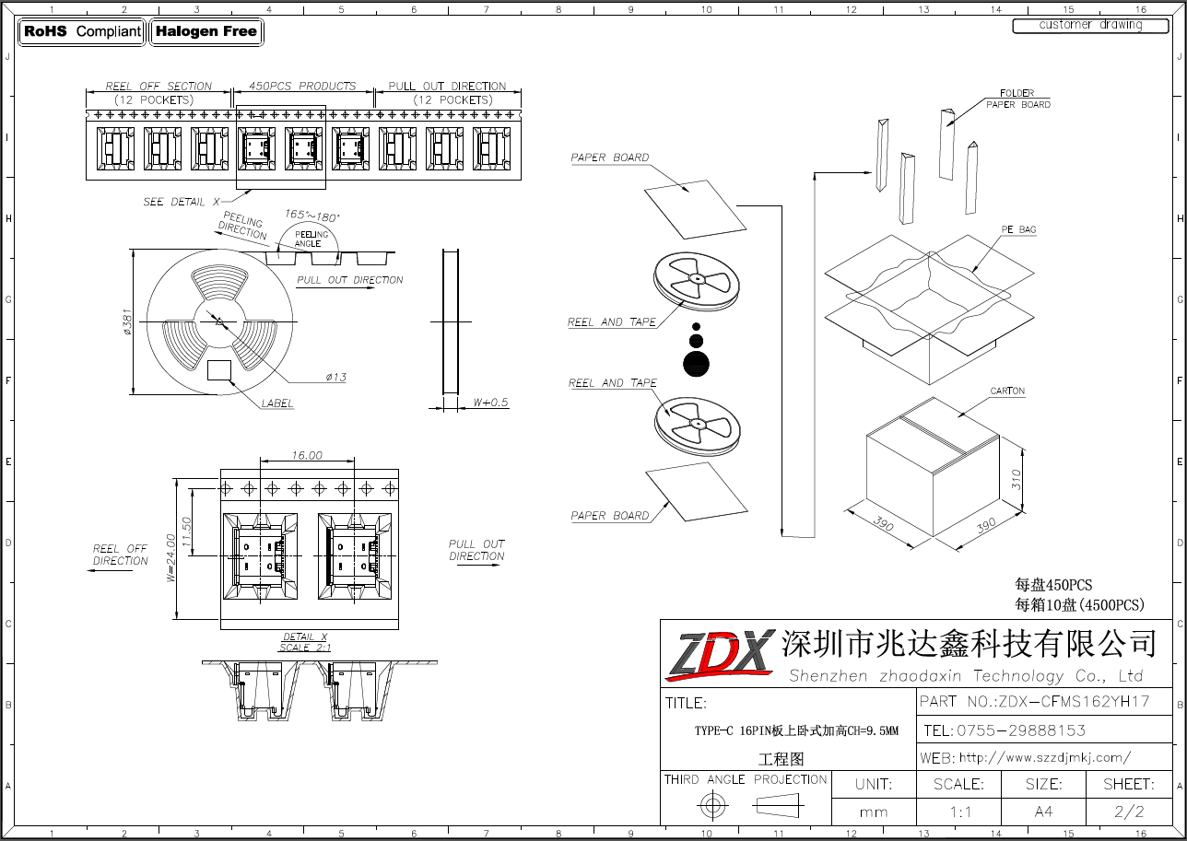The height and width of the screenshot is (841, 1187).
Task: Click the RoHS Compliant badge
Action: coord(82,31)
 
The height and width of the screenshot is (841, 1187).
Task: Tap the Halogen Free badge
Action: coord(206,31)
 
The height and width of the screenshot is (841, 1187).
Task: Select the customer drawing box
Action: coord(1090,26)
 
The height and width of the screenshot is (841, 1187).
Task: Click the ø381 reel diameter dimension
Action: coord(127,322)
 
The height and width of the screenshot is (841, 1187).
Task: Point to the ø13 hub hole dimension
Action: coord(336,377)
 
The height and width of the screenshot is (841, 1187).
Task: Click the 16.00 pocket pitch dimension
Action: coord(307,455)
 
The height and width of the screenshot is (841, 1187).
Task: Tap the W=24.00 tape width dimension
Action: coord(170,557)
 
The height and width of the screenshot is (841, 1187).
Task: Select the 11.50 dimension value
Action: coord(186,531)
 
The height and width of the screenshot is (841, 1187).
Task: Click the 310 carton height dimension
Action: coord(1016,479)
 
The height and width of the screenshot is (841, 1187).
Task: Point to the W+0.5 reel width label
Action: coord(490,403)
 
